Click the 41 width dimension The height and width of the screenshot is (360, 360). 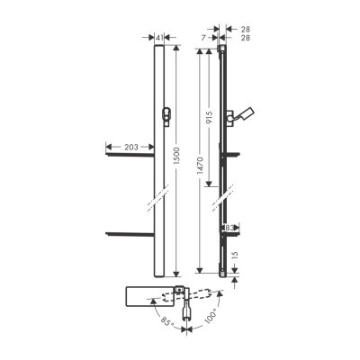pos(159,38)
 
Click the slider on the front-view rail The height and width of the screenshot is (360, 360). pos(164,113)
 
